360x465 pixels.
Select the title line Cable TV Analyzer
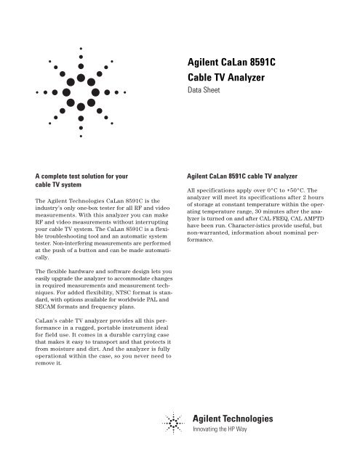[229, 79]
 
